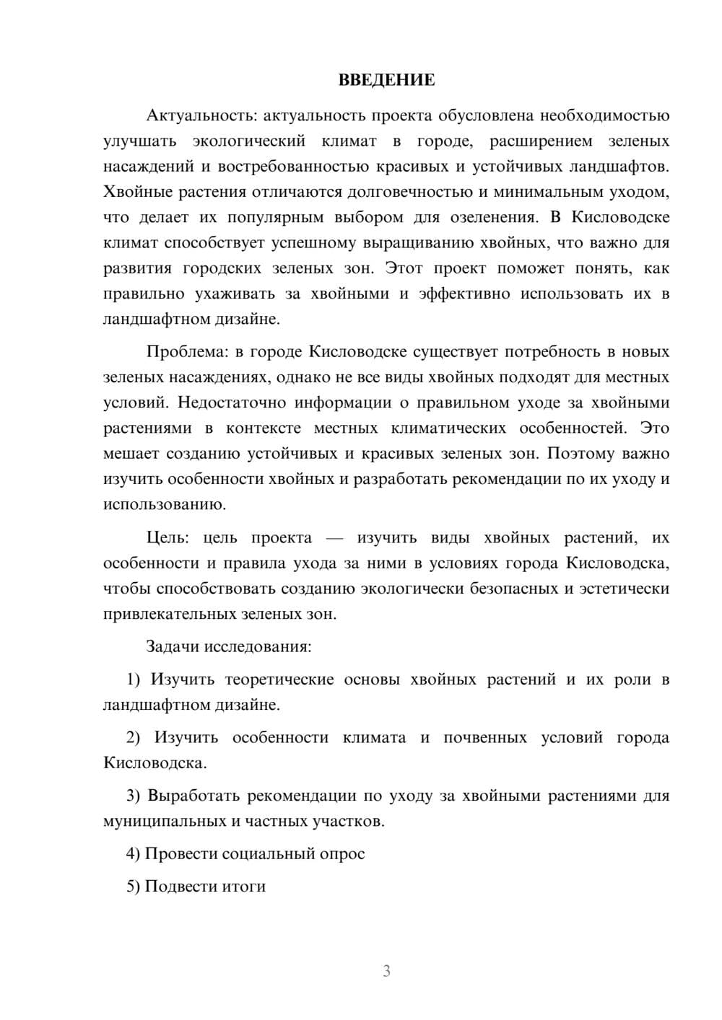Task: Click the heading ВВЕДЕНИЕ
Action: (x=386, y=80)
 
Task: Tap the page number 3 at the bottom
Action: (x=386, y=971)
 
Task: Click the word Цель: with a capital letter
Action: (x=168, y=537)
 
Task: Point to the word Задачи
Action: (x=173, y=646)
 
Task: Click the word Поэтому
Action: (x=578, y=454)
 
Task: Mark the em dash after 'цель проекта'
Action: (x=335, y=538)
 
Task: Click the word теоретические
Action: (x=279, y=680)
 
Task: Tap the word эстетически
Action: (x=622, y=589)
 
